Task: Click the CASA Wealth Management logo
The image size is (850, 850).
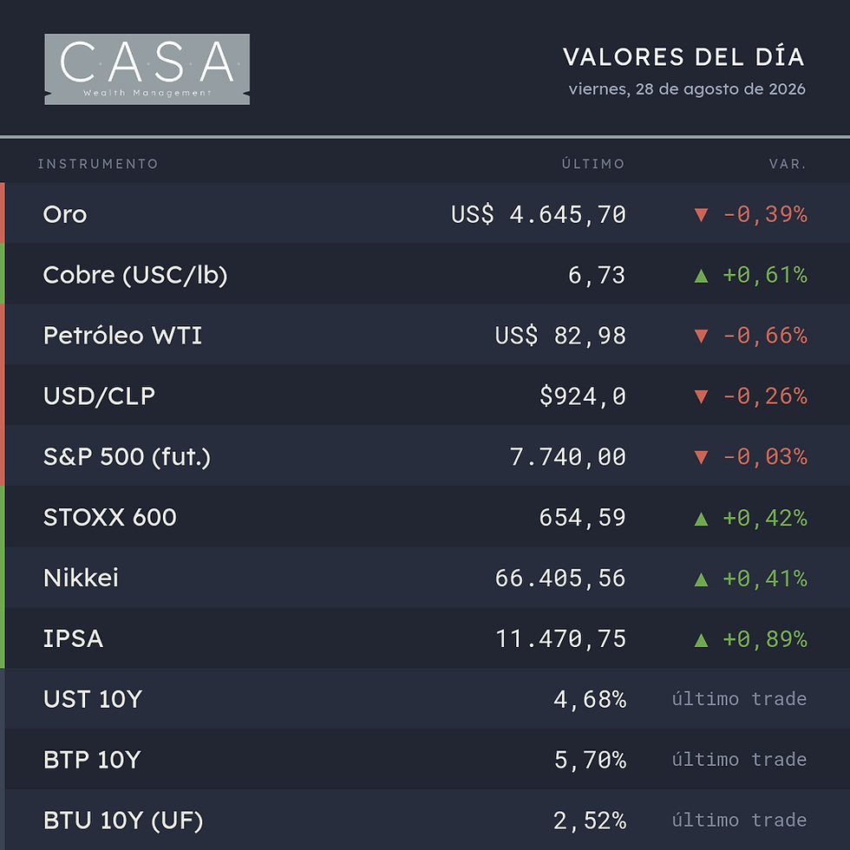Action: pos(147,69)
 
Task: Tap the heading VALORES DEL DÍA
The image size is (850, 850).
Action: pos(683,57)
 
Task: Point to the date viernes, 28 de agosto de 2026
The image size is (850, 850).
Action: pos(687,88)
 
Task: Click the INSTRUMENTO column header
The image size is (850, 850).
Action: pos(97,164)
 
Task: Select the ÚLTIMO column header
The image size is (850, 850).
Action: pos(593,163)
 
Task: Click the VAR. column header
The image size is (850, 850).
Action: pos(788,164)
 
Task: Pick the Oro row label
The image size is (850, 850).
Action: pos(65,214)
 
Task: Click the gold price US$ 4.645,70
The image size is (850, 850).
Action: pos(539,214)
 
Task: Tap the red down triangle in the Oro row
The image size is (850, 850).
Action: pos(701,215)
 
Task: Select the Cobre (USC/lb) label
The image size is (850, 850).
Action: pos(135,275)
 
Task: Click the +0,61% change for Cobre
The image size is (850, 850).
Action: pos(765,275)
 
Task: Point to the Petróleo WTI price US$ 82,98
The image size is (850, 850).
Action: pos(560,336)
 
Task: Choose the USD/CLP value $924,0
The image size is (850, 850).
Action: pos(583,396)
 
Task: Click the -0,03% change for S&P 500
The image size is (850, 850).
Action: pos(765,456)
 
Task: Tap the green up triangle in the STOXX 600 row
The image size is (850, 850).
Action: pos(701,519)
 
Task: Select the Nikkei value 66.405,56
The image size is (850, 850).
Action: pos(560,578)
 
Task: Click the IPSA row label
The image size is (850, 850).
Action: pos(73,638)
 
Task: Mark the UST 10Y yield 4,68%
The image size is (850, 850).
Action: pos(590,699)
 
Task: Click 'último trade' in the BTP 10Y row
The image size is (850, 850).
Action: pos(739,760)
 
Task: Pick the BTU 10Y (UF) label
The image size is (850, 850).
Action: pos(123,821)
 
